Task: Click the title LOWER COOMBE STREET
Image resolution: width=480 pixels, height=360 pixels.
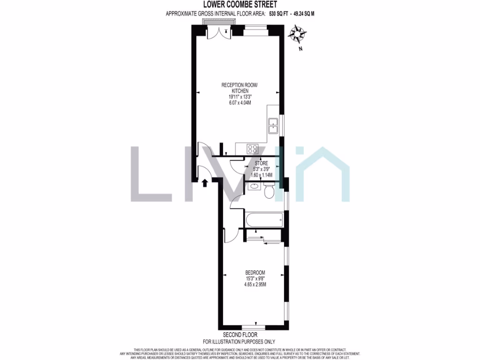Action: [240, 5]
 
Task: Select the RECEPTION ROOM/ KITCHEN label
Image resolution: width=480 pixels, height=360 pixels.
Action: [240, 88]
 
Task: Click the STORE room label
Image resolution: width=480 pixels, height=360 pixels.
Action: [255, 163]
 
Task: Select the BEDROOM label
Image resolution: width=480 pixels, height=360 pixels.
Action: [255, 273]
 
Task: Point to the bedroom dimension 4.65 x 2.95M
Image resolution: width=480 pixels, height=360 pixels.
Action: [255, 284]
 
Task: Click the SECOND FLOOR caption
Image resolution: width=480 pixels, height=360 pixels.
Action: [239, 335]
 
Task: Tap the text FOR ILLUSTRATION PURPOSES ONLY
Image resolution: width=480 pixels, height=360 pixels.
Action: [239, 342]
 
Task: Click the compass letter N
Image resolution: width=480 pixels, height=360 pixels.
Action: [301, 48]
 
